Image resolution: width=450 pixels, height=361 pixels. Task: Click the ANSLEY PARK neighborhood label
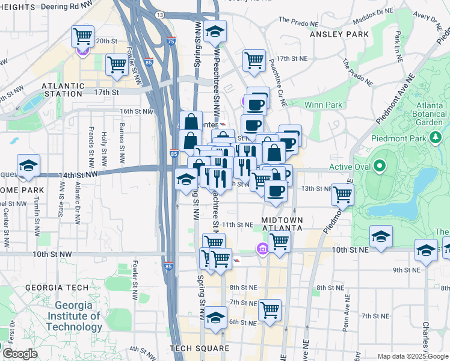(339, 34)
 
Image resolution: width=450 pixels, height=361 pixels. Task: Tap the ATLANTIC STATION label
(63, 90)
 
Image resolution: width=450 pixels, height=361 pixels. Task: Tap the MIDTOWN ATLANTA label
(282, 224)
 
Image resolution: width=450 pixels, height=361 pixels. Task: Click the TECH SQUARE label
(199, 348)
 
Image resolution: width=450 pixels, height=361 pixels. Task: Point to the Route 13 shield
(159, 14)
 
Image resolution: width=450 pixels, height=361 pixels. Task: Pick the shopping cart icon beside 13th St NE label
(342, 194)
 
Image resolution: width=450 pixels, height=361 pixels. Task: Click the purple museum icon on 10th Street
(262, 248)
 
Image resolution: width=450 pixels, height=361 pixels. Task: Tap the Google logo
(20, 354)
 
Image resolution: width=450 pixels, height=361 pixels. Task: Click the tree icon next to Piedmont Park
(436, 138)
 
